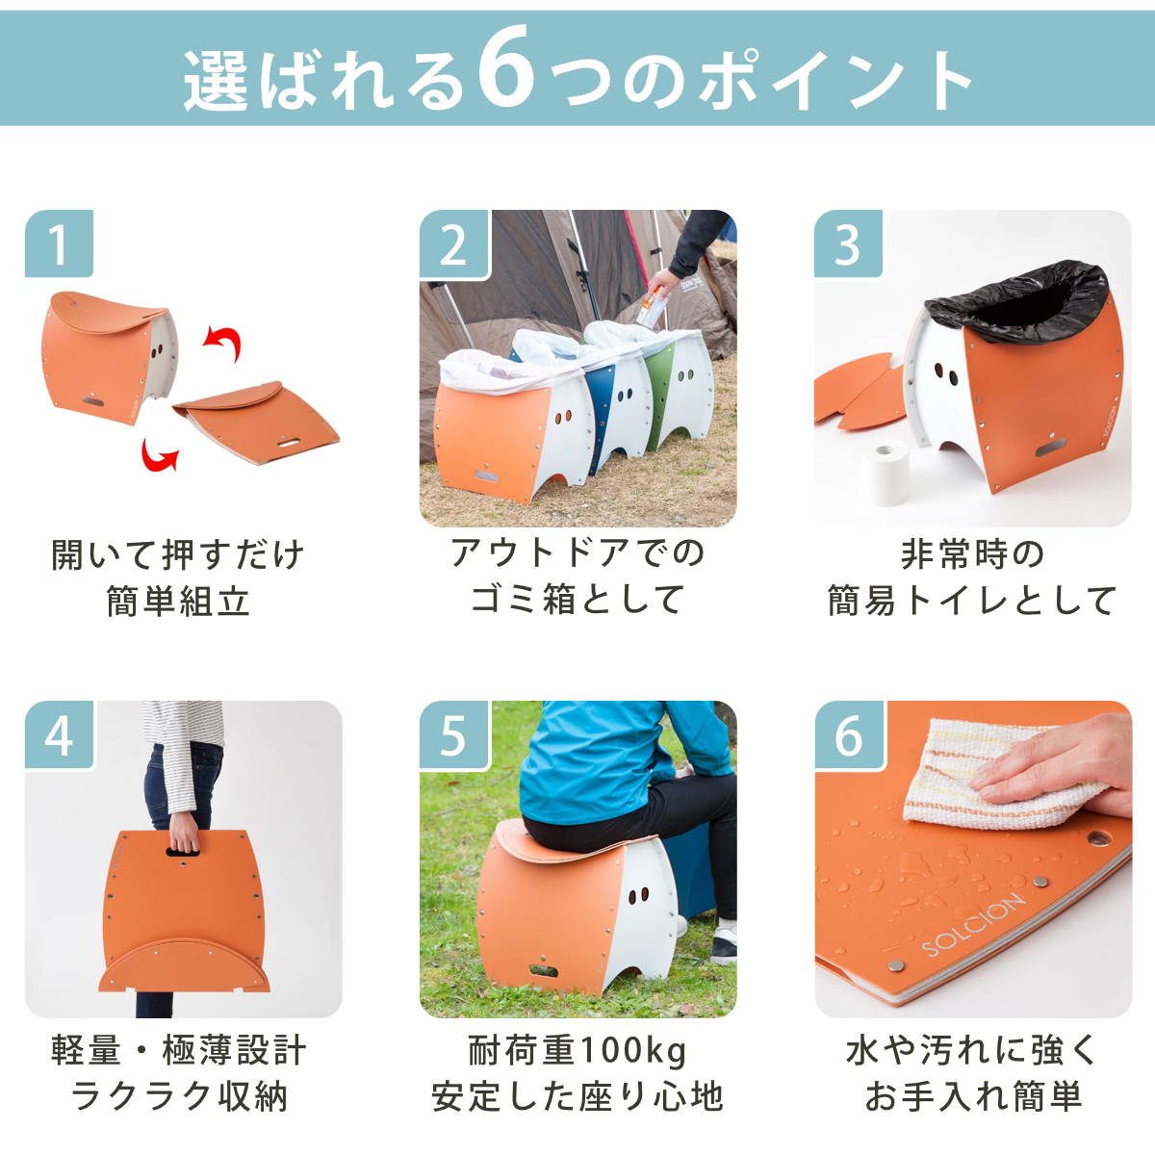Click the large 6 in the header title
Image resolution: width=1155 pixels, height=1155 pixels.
pos(506,66)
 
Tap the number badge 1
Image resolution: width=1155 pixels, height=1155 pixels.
pos(59,244)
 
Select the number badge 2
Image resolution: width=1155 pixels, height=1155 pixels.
pos(453,244)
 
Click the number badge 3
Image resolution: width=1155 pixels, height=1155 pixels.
pos(848,244)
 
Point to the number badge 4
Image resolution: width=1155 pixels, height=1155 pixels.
pos(60,734)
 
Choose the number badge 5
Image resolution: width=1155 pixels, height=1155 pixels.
pos(453,734)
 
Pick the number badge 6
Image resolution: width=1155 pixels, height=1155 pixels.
pos(849,734)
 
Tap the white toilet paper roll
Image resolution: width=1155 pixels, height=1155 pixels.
pos(885,473)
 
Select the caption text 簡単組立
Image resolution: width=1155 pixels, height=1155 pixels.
pos(178,602)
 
